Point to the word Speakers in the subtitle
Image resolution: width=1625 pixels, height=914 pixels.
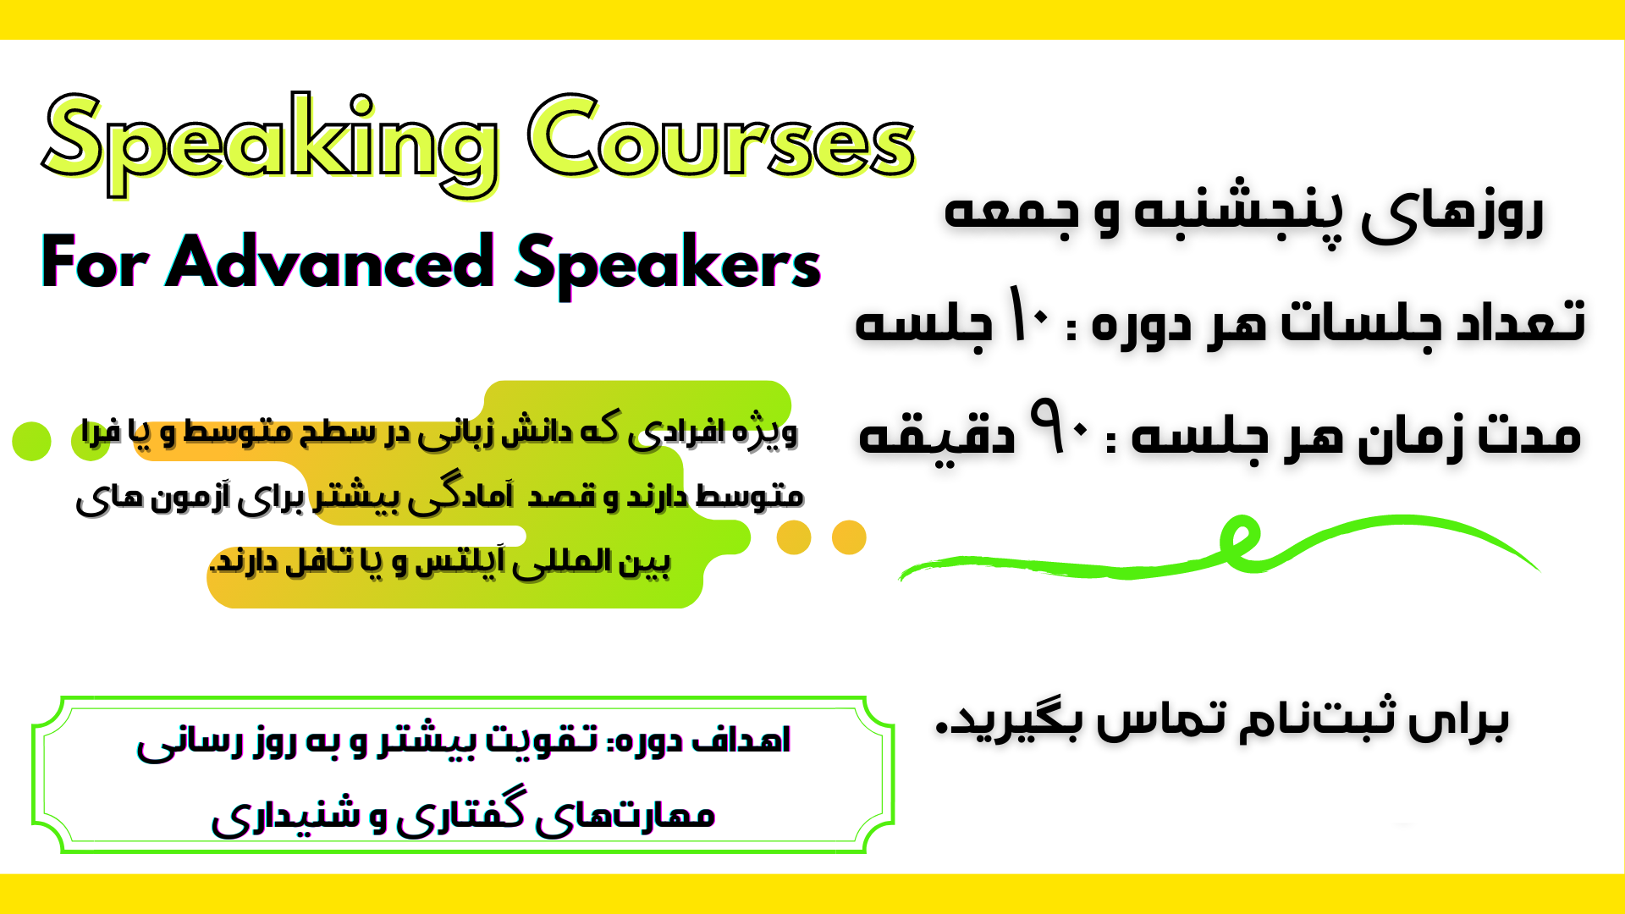(668, 266)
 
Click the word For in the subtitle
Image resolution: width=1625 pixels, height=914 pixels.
(95, 262)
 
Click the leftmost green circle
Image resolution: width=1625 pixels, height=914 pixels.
(32, 441)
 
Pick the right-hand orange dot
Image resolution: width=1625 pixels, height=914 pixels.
(849, 537)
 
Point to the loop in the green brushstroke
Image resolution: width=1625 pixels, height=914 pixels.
(1240, 542)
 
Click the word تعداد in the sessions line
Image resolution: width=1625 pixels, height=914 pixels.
(1520, 320)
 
